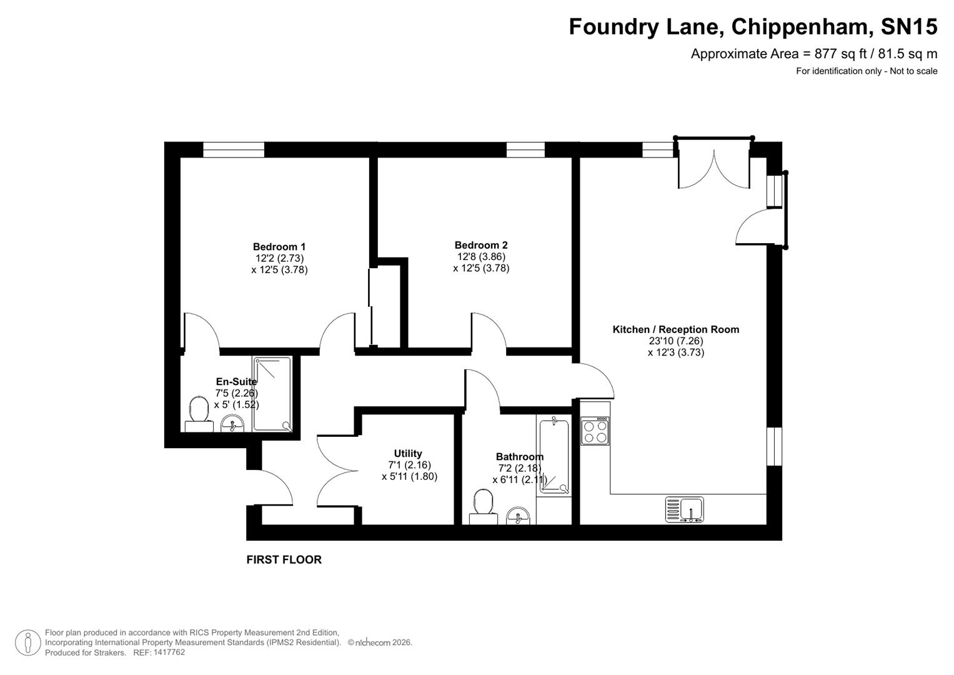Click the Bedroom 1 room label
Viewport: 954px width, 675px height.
tap(279, 247)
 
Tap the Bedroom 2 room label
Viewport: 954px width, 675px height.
tap(481, 245)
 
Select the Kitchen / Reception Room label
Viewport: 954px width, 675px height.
tap(675, 329)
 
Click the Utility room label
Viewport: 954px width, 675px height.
tap(408, 453)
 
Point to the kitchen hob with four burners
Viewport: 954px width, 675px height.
tap(595, 431)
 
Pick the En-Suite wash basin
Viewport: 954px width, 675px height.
tap(234, 424)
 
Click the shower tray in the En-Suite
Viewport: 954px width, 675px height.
tap(272, 394)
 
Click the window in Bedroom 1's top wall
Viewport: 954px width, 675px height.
tap(234, 150)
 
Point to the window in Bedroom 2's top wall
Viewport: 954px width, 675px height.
tap(525, 150)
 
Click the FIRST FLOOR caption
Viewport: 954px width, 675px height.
tap(284, 560)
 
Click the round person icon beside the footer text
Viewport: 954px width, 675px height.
tap(27, 642)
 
